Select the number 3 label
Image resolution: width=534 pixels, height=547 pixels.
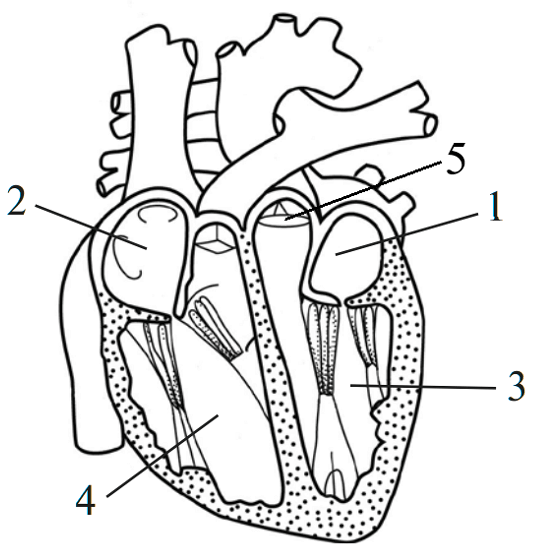point(516,386)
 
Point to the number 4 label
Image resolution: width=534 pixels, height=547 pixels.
point(86,500)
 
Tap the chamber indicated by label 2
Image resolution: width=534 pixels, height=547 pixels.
point(147,244)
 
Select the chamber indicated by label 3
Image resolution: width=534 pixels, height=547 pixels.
point(349,384)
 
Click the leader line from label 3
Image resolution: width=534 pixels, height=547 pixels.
point(423,387)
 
